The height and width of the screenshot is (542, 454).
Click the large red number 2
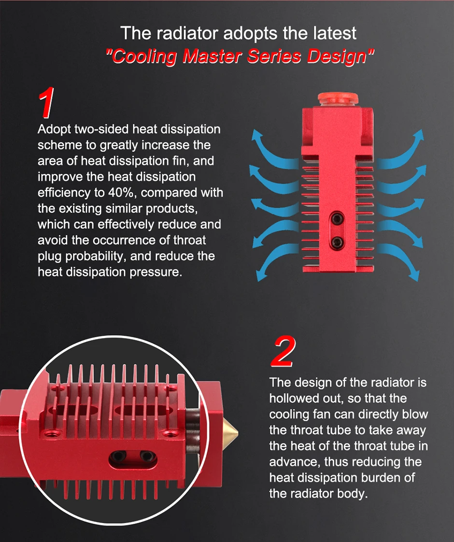[284, 351]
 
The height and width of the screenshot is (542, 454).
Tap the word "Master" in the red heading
[212, 56]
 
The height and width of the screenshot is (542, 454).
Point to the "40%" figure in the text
[121, 192]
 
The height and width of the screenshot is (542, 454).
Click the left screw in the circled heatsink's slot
[119, 457]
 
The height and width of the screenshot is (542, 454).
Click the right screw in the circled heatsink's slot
[147, 457]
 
